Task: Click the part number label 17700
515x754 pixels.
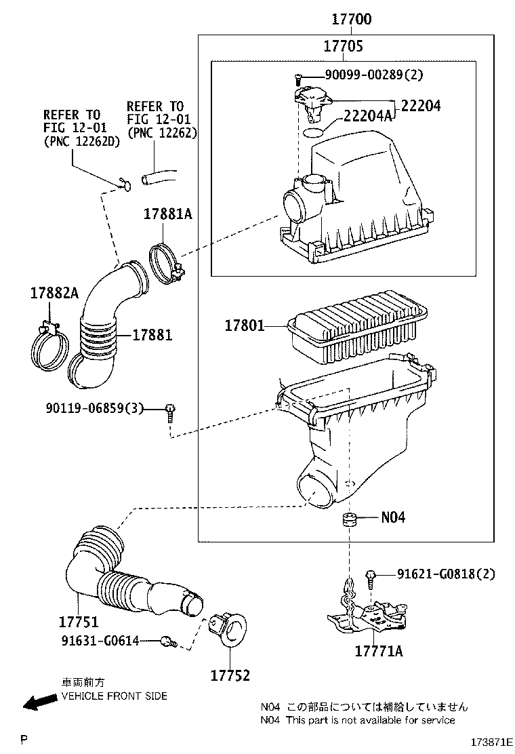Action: [x=351, y=20]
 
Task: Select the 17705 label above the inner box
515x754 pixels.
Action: [x=342, y=46]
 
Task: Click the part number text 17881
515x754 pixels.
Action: [x=152, y=335]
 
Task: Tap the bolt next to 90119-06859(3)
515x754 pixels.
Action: [x=169, y=411]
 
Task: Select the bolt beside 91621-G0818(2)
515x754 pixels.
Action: [x=371, y=576]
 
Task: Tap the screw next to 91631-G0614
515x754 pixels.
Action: [x=167, y=640]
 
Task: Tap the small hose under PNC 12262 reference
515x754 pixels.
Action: [x=159, y=178]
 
